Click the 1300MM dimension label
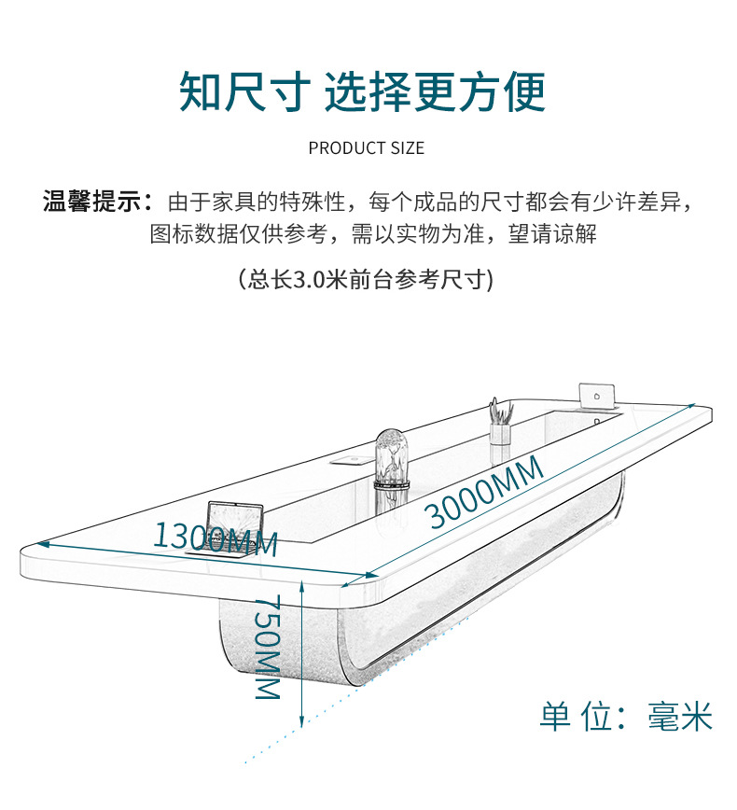coord(216,539)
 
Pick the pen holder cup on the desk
coord(500,428)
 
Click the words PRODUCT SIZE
coord(366,148)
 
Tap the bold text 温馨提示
coord(91,201)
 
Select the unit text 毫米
coord(680,717)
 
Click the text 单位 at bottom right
coord(571,717)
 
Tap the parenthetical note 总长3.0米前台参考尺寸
coord(366,279)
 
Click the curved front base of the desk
coord(280,644)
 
